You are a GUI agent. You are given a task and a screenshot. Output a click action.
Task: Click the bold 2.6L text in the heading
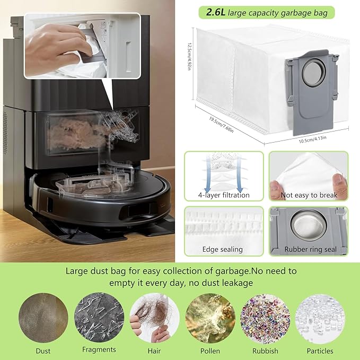tap(215, 12)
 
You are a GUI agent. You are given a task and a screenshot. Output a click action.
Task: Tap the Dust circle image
tap(43, 318)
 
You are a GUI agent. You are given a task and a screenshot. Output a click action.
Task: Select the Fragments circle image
tap(99, 317)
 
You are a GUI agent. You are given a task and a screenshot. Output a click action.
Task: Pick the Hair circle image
tap(154, 318)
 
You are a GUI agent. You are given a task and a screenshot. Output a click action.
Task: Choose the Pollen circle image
tap(210, 318)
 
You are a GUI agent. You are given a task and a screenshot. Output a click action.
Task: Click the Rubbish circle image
tap(265, 318)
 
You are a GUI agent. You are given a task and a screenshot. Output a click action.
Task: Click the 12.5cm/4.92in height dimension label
tap(189, 56)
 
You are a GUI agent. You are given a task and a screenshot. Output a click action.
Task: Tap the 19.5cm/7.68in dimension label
tap(221, 125)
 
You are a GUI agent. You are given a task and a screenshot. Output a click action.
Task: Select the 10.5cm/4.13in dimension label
tap(312, 139)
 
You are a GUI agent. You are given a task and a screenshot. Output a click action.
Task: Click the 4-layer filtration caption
tap(224, 195)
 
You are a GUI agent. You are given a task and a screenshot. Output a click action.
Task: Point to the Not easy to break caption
tap(309, 195)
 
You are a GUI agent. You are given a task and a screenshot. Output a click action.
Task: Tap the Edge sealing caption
tap(223, 249)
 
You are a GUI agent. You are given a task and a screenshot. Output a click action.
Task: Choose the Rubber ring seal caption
tap(310, 249)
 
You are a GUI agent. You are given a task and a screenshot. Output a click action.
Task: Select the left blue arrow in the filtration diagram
tap(208, 174)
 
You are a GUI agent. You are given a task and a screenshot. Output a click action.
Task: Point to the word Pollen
tap(210, 351)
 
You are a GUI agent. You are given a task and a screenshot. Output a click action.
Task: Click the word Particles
tap(320, 351)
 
